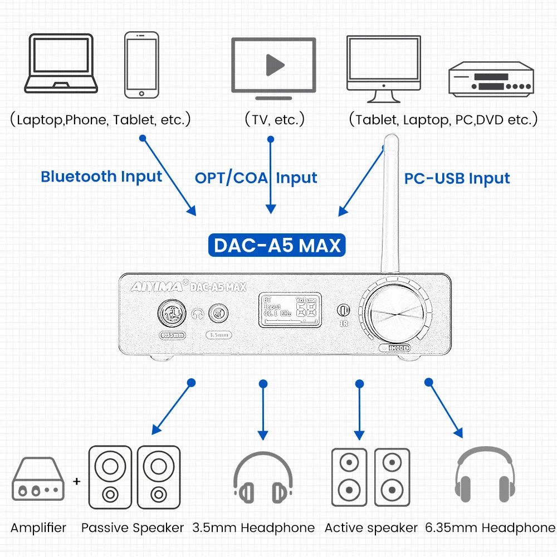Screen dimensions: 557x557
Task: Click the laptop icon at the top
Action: [61, 63]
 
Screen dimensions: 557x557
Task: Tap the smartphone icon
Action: [141, 65]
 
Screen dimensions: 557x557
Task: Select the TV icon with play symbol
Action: [273, 65]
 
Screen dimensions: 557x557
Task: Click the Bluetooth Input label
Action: [101, 177]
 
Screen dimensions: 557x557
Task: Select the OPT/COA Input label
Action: [256, 178]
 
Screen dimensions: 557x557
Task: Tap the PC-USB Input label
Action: [457, 178]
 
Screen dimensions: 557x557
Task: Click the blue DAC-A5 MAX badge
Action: [277, 245]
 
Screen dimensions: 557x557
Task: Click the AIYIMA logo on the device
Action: [155, 287]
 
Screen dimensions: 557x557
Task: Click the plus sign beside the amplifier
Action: [77, 481]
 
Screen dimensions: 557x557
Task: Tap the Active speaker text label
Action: [371, 527]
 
